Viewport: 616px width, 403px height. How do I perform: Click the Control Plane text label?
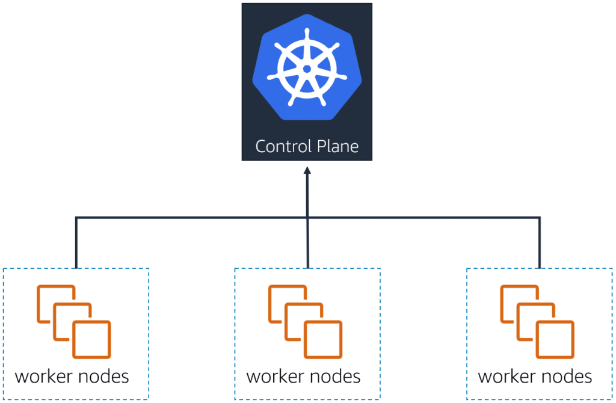[307, 146]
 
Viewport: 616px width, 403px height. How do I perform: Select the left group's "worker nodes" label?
[72, 377]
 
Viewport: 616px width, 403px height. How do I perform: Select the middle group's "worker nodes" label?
[304, 377]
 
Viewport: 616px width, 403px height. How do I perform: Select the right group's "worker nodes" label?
[535, 377]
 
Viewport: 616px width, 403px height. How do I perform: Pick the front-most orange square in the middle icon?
[323, 340]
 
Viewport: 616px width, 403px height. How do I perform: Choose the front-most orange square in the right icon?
[555, 340]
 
